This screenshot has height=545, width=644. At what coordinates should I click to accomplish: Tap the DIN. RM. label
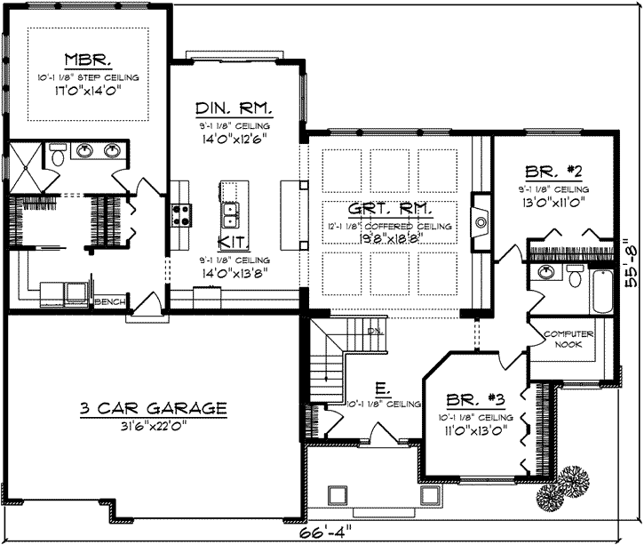click(x=233, y=109)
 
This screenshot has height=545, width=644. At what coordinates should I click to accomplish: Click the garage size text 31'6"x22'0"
click(x=153, y=426)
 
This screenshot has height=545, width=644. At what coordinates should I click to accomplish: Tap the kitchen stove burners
click(x=181, y=213)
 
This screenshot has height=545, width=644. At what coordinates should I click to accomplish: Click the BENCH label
click(x=108, y=301)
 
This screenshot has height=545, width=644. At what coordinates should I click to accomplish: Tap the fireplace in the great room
click(x=480, y=218)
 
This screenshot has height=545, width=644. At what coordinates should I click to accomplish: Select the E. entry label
click(x=379, y=389)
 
